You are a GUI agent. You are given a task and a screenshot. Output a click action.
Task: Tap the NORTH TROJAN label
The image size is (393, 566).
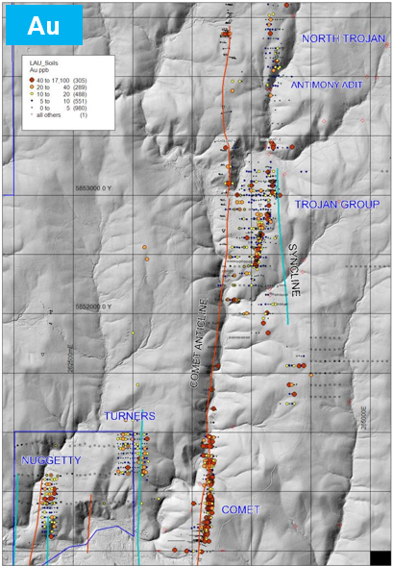click(343, 38)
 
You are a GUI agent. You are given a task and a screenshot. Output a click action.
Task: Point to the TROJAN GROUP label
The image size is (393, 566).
click(337, 205)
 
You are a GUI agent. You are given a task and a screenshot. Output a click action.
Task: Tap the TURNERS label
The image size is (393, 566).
click(129, 416)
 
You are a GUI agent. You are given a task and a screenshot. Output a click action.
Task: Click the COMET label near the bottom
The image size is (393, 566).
click(241, 509)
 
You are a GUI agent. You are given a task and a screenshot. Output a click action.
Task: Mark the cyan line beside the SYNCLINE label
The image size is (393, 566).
click(282, 245)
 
